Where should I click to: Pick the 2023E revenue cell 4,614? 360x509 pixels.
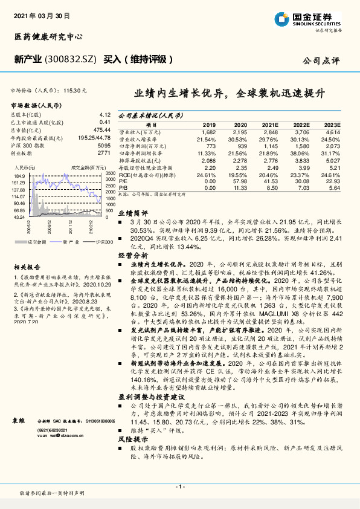(x=333, y=131)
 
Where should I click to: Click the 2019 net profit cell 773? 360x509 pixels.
(x=208, y=146)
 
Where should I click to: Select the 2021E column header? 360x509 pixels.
(x=270, y=123)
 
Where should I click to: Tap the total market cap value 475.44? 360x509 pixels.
(x=101, y=129)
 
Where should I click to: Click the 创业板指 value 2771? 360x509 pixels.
(x=103, y=154)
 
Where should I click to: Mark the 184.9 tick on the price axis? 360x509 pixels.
(x=19, y=174)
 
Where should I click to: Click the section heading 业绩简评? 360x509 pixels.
(x=133, y=213)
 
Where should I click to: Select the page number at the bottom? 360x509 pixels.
(x=179, y=487)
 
